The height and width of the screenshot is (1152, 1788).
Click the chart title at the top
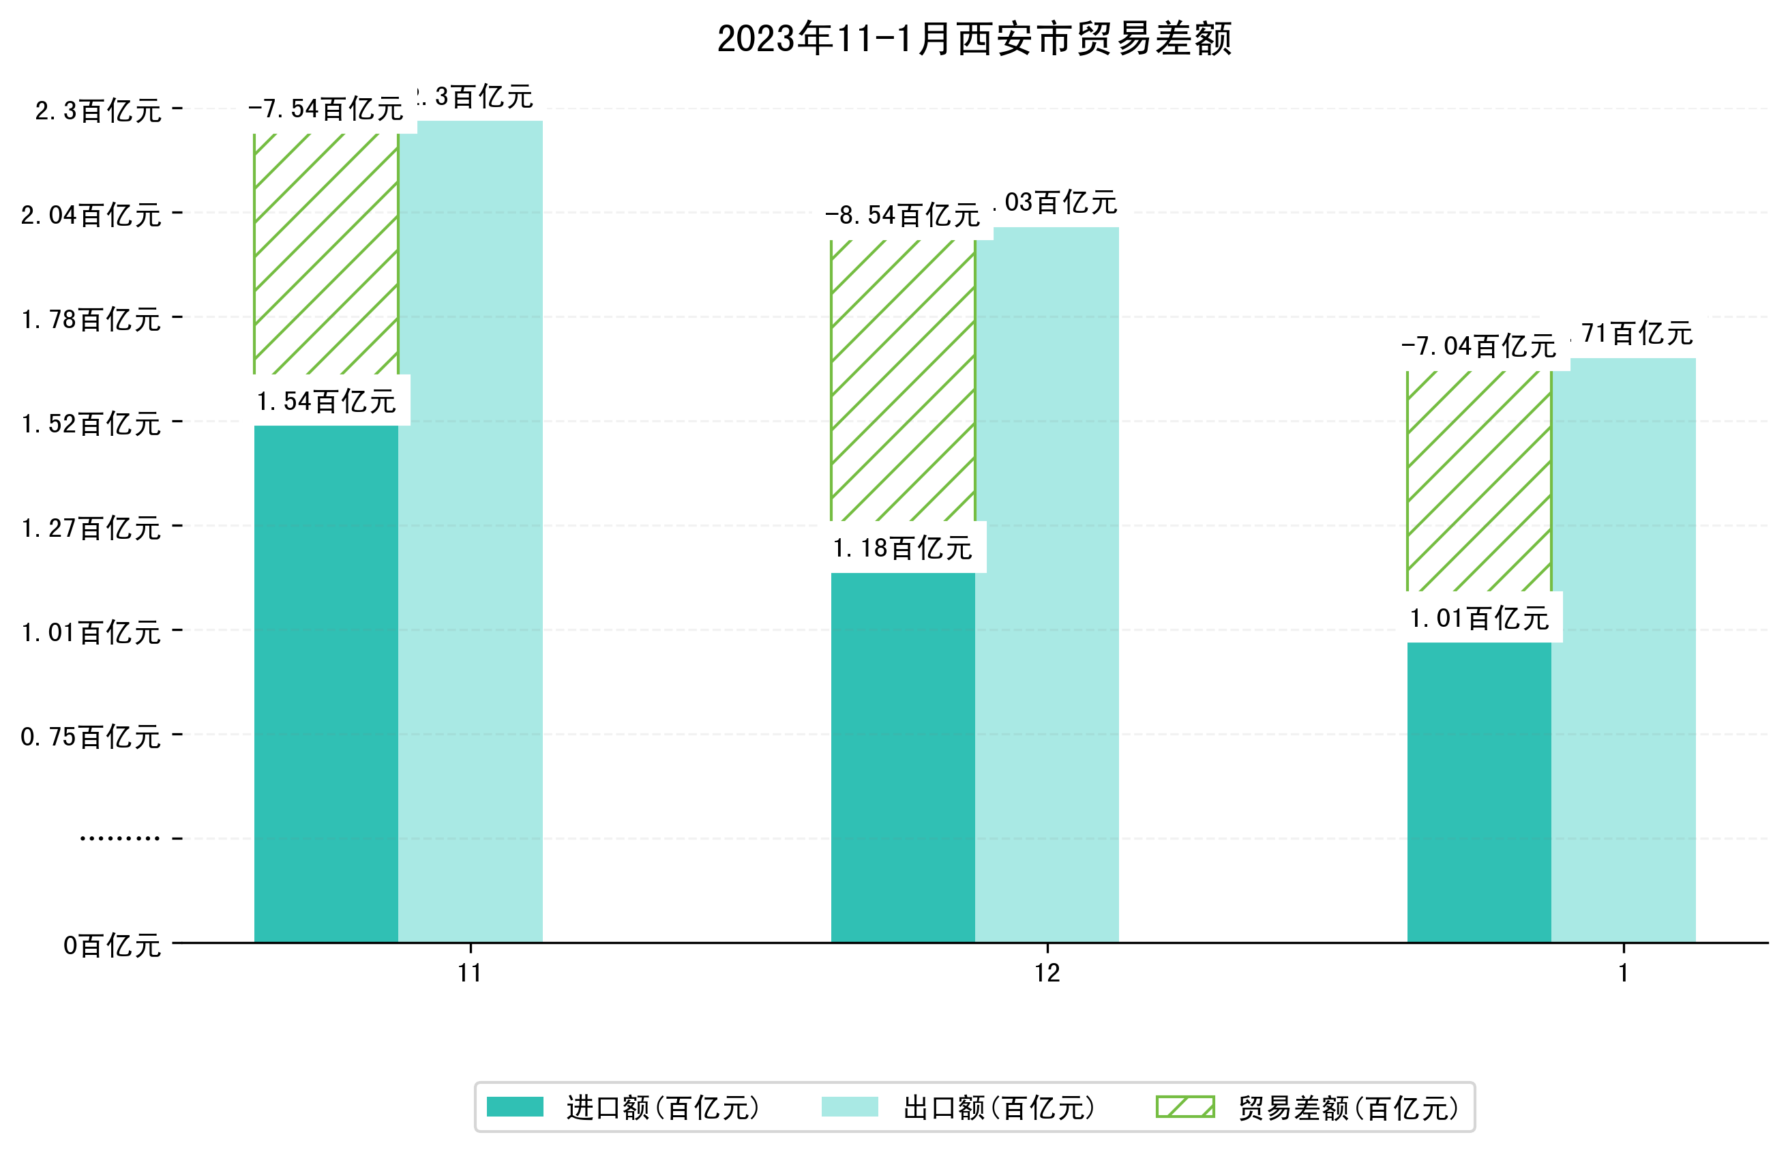(x=974, y=39)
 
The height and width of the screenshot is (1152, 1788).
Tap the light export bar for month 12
(x=1046, y=583)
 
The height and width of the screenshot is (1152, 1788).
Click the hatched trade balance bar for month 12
(x=903, y=380)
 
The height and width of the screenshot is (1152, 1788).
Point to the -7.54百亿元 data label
(x=326, y=110)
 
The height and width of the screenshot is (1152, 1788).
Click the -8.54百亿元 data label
(x=903, y=216)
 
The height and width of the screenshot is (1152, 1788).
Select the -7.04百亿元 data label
(x=1478, y=347)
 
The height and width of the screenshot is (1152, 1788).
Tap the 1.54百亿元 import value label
(x=326, y=402)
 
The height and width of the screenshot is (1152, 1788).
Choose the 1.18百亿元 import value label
(x=903, y=549)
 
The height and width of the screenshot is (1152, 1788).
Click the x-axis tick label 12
(x=1047, y=973)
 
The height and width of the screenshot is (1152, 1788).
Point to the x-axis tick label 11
(x=470, y=973)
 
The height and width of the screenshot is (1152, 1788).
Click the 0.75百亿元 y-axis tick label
(x=91, y=737)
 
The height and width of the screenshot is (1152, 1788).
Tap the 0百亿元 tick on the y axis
(x=112, y=946)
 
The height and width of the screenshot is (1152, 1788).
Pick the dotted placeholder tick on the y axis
(x=119, y=838)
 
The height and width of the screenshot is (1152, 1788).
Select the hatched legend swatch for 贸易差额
(x=1185, y=1107)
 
